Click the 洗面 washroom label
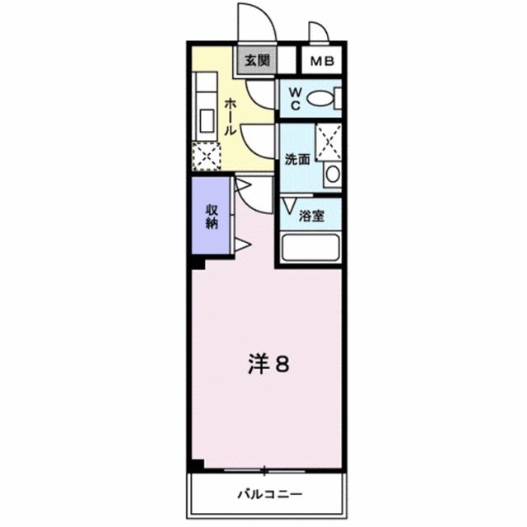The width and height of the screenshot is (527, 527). (x=296, y=159)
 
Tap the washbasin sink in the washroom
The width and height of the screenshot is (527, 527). (x=332, y=175)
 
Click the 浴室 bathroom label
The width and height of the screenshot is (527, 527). (x=310, y=216)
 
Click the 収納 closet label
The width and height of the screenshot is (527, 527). (x=212, y=216)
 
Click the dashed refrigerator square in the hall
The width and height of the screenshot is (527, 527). (x=206, y=154)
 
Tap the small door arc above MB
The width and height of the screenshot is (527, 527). (x=317, y=31)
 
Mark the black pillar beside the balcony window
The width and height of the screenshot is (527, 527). (x=196, y=465)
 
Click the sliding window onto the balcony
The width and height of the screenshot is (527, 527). (x=263, y=471)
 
